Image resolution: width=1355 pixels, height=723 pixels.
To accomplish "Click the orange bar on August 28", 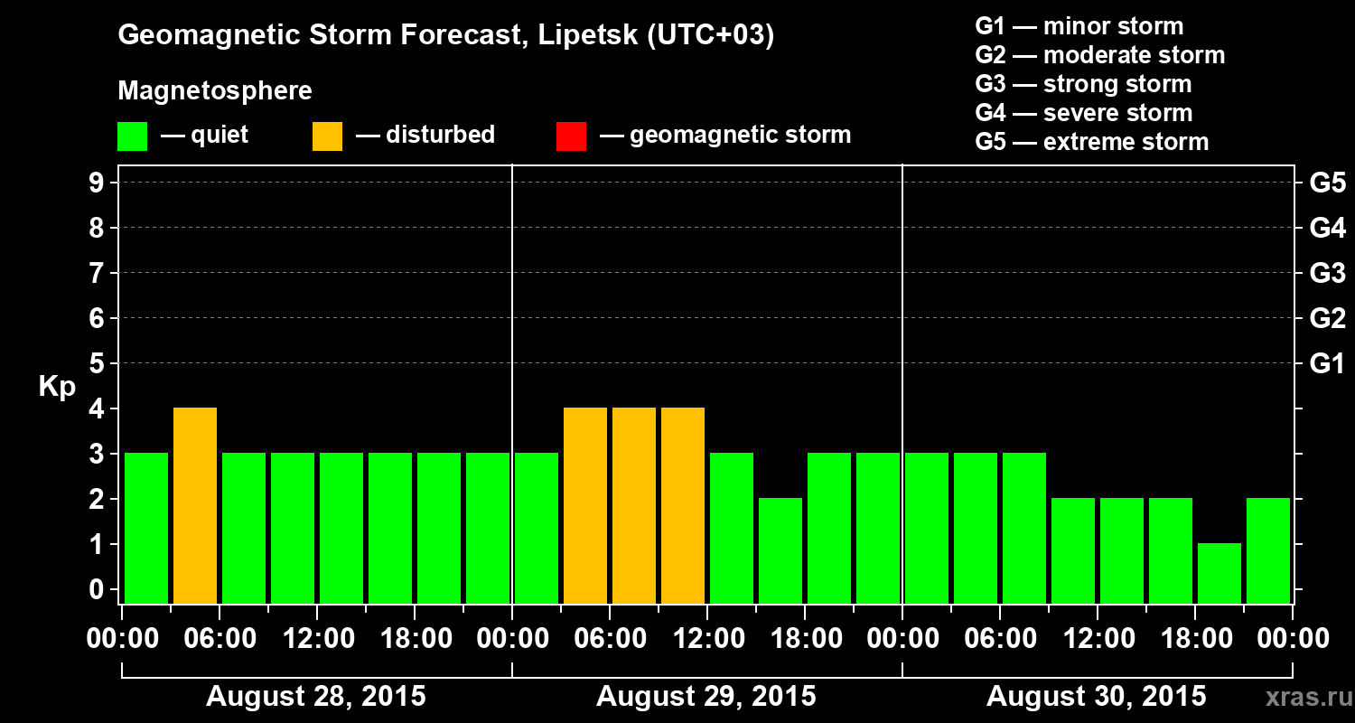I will [195, 505].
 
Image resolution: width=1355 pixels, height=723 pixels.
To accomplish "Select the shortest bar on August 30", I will [1219, 573].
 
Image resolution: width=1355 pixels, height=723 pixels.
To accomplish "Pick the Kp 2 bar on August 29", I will [780, 550].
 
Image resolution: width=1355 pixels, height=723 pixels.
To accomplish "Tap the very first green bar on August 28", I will [146, 528].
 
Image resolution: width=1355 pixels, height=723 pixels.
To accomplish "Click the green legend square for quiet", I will [132, 136].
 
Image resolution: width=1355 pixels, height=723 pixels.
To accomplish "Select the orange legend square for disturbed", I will [327, 136].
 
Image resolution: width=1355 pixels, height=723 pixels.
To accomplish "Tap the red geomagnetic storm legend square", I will [571, 136].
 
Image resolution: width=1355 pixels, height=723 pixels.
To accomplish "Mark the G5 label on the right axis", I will [1327, 183].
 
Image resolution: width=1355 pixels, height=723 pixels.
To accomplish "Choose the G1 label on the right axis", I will [1327, 364].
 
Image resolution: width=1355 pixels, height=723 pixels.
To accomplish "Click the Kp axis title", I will [57, 387].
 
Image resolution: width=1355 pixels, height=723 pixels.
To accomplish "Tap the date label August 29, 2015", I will [706, 697].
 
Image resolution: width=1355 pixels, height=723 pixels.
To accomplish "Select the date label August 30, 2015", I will [1096, 697].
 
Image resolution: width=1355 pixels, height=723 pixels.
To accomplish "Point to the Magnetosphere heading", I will [215, 91].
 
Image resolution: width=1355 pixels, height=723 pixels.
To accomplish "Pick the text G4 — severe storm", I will [1084, 113].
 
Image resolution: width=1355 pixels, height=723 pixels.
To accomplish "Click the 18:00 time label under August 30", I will [1195, 639].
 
